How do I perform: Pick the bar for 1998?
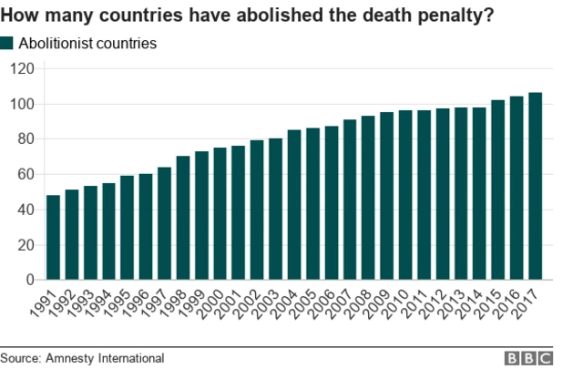pyautogui.click(x=183, y=218)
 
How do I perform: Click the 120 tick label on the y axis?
pyautogui.click(x=22, y=68)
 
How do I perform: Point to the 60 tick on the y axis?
pyautogui.click(x=26, y=174)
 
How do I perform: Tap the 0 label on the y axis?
pyautogui.click(x=30, y=280)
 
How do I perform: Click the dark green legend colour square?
pyautogui.click(x=8, y=43)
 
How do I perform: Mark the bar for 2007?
pyautogui.click(x=350, y=200)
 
